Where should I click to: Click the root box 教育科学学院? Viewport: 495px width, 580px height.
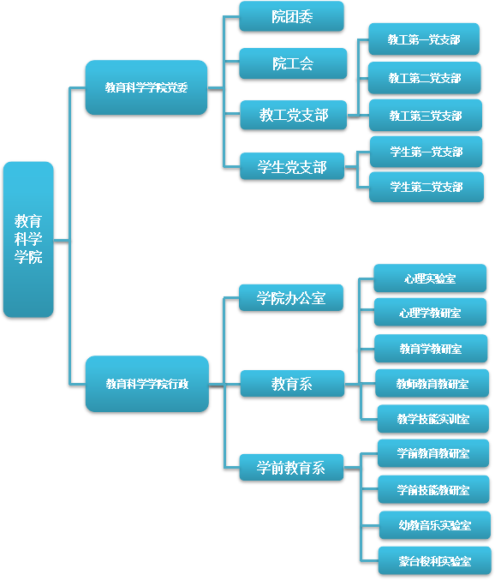click(x=28, y=239)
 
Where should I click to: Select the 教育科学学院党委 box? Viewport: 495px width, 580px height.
click(x=146, y=87)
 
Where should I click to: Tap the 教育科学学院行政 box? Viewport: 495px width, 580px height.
click(x=147, y=384)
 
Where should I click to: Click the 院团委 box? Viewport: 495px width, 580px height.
click(x=292, y=16)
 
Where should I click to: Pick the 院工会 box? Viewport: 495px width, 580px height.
click(x=293, y=63)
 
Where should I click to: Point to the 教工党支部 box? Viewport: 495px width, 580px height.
click(x=294, y=115)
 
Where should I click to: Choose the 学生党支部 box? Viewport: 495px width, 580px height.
click(x=292, y=166)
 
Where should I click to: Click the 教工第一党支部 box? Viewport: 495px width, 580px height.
click(x=424, y=39)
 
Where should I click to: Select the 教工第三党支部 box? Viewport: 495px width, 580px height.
click(x=426, y=116)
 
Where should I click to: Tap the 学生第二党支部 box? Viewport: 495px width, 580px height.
click(x=426, y=187)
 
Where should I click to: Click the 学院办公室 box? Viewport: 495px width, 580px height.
click(x=291, y=298)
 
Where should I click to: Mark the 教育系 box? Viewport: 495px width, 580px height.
click(x=292, y=384)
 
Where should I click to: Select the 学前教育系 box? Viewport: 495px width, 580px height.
click(x=291, y=468)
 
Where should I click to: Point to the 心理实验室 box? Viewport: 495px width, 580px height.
click(x=430, y=278)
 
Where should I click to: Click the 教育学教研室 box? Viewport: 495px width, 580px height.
click(x=431, y=349)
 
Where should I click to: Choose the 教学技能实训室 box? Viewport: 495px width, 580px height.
click(x=433, y=419)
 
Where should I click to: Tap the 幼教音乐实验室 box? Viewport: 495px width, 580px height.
click(x=435, y=525)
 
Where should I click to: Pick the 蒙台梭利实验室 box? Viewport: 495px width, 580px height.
click(x=435, y=561)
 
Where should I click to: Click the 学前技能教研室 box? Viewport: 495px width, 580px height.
click(x=433, y=490)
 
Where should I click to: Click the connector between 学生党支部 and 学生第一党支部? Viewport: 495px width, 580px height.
click(x=357, y=159)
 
